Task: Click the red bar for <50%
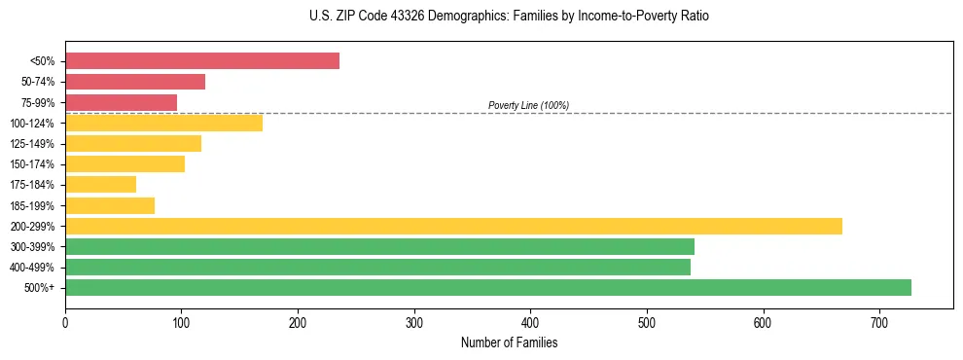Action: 202,61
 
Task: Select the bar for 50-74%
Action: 135,82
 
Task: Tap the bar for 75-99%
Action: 121,102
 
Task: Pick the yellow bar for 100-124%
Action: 163,123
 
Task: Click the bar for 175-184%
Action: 100,185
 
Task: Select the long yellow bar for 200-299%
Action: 453,226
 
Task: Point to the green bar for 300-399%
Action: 379,246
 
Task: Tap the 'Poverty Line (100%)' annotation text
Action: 528,105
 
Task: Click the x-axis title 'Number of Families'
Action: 510,343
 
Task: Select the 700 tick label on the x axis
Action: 879,322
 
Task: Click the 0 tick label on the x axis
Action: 65,322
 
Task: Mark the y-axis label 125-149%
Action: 32,144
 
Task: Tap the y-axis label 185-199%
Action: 32,205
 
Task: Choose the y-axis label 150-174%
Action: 32,164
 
